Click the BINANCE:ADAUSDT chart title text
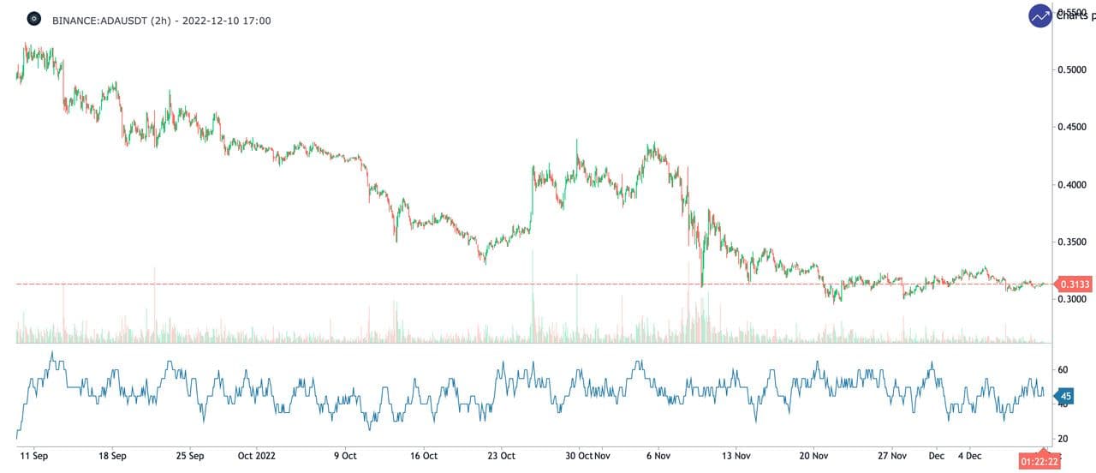point(161,20)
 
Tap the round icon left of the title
point(34,19)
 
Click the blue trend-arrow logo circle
point(1040,16)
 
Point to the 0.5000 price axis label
point(1073,69)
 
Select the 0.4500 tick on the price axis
point(1073,127)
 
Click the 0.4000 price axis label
point(1073,184)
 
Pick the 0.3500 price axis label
point(1073,242)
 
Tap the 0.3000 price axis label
point(1073,300)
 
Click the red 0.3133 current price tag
point(1074,284)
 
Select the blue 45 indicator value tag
point(1065,396)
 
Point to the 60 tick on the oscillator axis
point(1063,369)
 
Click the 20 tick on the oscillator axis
point(1063,439)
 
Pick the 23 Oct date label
point(502,456)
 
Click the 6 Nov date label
point(658,456)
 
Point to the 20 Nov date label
point(813,456)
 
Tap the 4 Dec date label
point(969,456)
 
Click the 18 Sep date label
point(113,456)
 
